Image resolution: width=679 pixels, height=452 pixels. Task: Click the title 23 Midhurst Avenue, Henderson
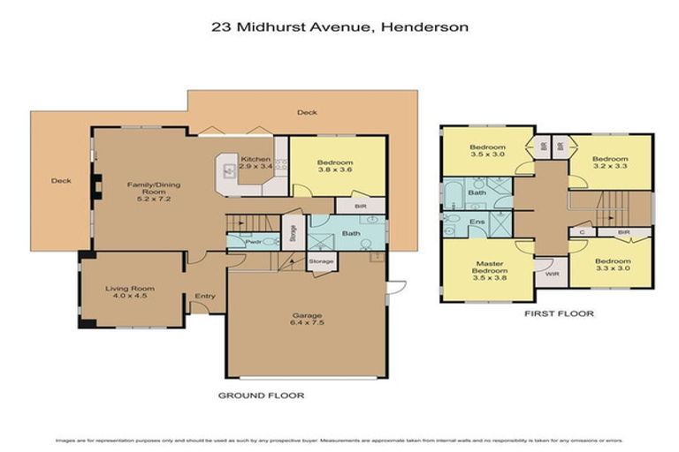pyautogui.click(x=340, y=26)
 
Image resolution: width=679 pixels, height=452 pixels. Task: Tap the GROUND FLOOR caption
pyautogui.click(x=261, y=395)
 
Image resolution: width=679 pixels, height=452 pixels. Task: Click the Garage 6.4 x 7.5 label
pyautogui.click(x=307, y=319)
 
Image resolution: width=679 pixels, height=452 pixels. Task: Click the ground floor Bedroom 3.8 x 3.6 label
pyautogui.click(x=334, y=167)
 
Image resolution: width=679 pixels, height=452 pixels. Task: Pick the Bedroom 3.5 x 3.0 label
pyautogui.click(x=487, y=151)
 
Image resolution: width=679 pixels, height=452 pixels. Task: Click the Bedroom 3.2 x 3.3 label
pyautogui.click(x=610, y=162)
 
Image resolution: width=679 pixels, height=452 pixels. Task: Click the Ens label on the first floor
pyautogui.click(x=478, y=222)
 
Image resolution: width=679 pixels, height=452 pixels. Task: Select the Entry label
pyautogui.click(x=204, y=297)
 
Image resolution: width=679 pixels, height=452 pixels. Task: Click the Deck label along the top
pyautogui.click(x=307, y=112)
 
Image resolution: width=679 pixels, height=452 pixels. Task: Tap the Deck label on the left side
pyautogui.click(x=60, y=181)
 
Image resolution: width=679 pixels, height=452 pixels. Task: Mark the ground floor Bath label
pyautogui.click(x=351, y=234)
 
